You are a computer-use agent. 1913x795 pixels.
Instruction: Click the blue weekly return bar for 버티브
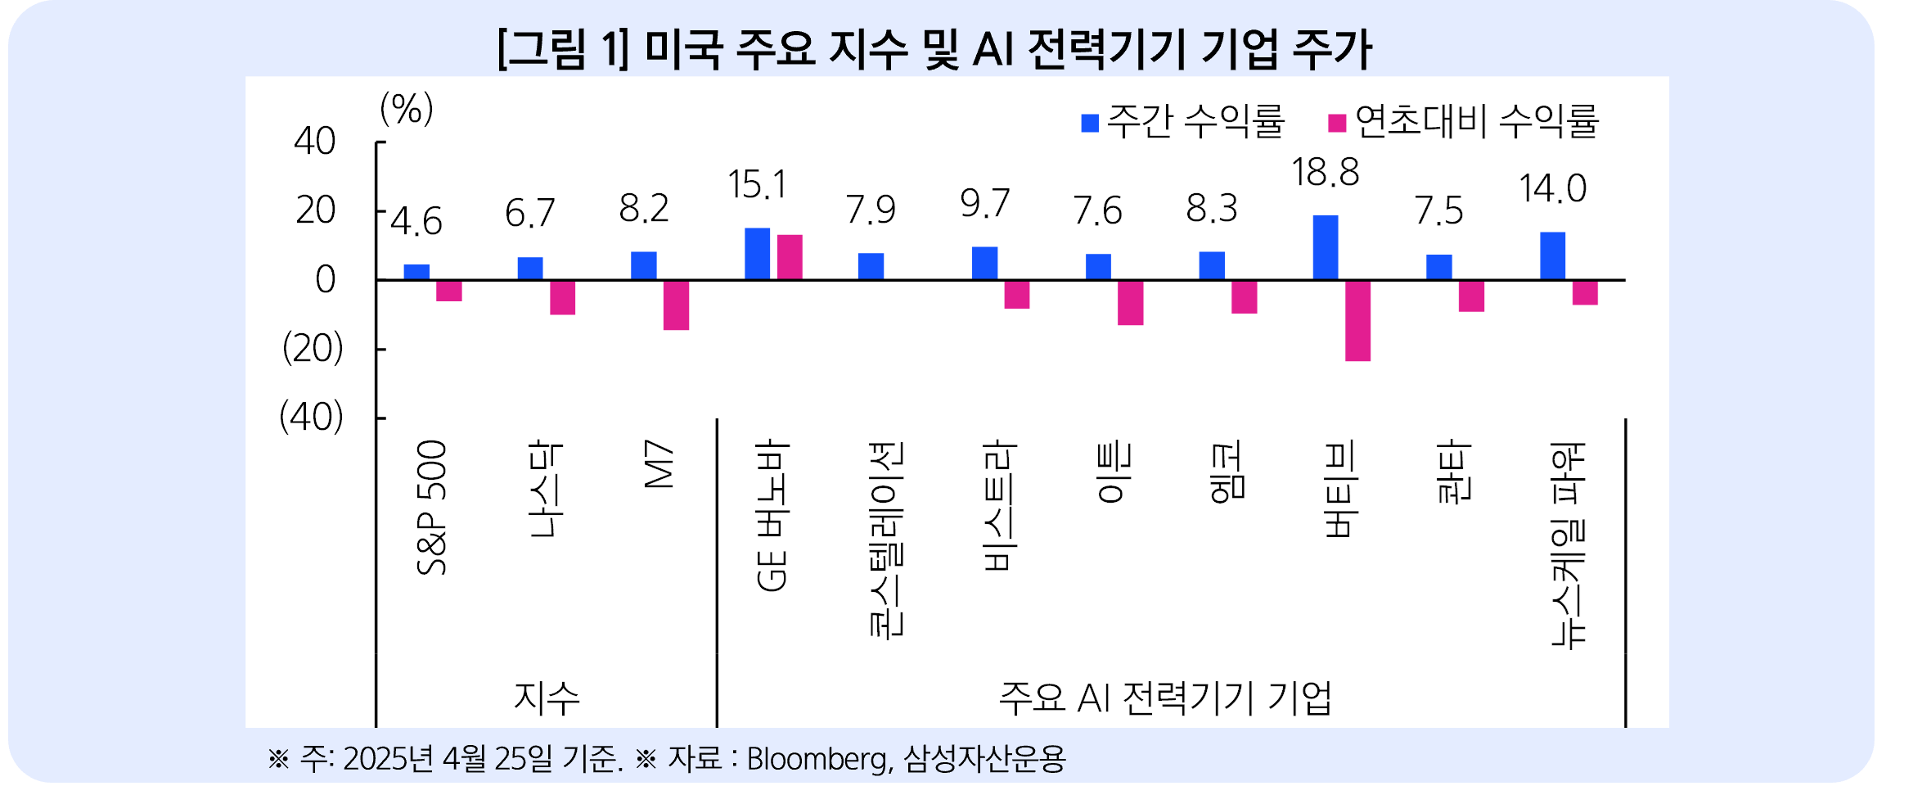pos(1326,247)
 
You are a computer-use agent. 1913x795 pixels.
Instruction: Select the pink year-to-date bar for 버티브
pos(1357,320)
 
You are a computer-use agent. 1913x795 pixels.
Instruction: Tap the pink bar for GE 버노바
pos(790,257)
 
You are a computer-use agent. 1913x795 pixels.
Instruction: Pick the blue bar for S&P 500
pos(416,272)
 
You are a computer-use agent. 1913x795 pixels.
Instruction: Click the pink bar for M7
pos(676,305)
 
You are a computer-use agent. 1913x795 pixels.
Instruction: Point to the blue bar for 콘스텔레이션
pos(871,266)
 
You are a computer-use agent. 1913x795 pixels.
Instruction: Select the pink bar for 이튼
pos(1130,302)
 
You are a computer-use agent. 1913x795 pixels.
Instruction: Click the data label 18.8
pos(1326,173)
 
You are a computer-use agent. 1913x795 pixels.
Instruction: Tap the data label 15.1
pos(757,185)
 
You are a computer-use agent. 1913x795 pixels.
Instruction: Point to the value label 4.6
pos(416,222)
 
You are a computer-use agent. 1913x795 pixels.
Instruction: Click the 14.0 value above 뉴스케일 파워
pos(1552,189)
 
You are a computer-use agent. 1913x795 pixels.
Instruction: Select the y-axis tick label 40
pos(315,142)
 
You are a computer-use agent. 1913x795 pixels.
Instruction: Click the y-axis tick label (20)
pos(313,349)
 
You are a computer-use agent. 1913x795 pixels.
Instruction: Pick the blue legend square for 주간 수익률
pos(1090,123)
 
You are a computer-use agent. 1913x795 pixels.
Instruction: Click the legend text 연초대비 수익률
pos(1476,121)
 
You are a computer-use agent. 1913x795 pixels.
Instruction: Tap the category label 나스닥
pos(545,489)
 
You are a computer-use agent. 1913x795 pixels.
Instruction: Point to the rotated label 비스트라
pos(1000,506)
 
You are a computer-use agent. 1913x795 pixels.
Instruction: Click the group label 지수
pos(547,698)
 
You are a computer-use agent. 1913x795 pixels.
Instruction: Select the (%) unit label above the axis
pos(407,109)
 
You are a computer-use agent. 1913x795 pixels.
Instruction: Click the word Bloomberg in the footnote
pos(817,759)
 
